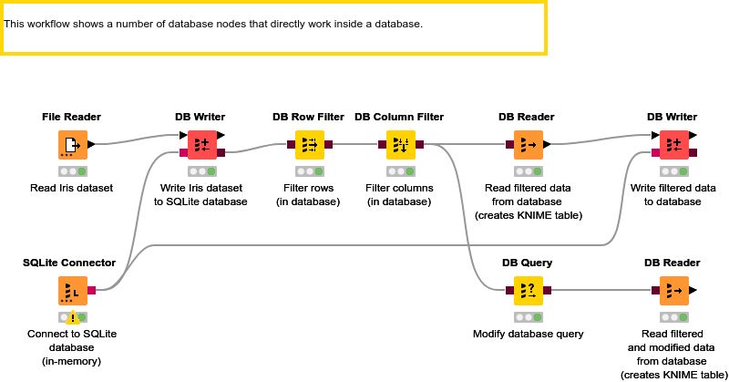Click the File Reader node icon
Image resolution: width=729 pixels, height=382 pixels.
(72, 144)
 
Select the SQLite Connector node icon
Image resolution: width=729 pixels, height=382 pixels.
(72, 290)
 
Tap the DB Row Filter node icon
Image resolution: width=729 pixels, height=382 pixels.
(308, 144)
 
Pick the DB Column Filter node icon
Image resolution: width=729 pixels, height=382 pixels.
(399, 144)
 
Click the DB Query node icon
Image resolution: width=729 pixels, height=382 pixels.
(527, 290)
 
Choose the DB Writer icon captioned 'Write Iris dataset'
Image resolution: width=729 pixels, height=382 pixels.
(200, 144)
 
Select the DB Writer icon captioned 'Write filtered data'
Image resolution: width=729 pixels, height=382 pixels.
(672, 144)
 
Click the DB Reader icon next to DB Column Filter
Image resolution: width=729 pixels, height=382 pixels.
(527, 144)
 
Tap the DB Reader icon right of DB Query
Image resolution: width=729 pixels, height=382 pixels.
(672, 290)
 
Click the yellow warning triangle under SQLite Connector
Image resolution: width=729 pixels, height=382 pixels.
(73, 318)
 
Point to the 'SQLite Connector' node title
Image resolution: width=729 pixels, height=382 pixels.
(69, 263)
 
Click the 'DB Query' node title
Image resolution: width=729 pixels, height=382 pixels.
(527, 263)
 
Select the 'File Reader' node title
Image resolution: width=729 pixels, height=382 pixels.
(71, 117)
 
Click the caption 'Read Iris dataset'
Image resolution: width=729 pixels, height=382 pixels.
(71, 188)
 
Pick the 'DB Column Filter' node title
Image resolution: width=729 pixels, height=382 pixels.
(399, 117)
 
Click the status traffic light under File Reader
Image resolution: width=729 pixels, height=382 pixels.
(72, 171)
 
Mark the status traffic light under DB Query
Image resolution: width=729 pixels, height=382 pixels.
(527, 317)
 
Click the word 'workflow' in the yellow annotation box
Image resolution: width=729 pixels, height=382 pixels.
(51, 23)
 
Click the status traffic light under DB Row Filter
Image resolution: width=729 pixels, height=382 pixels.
(308, 171)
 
